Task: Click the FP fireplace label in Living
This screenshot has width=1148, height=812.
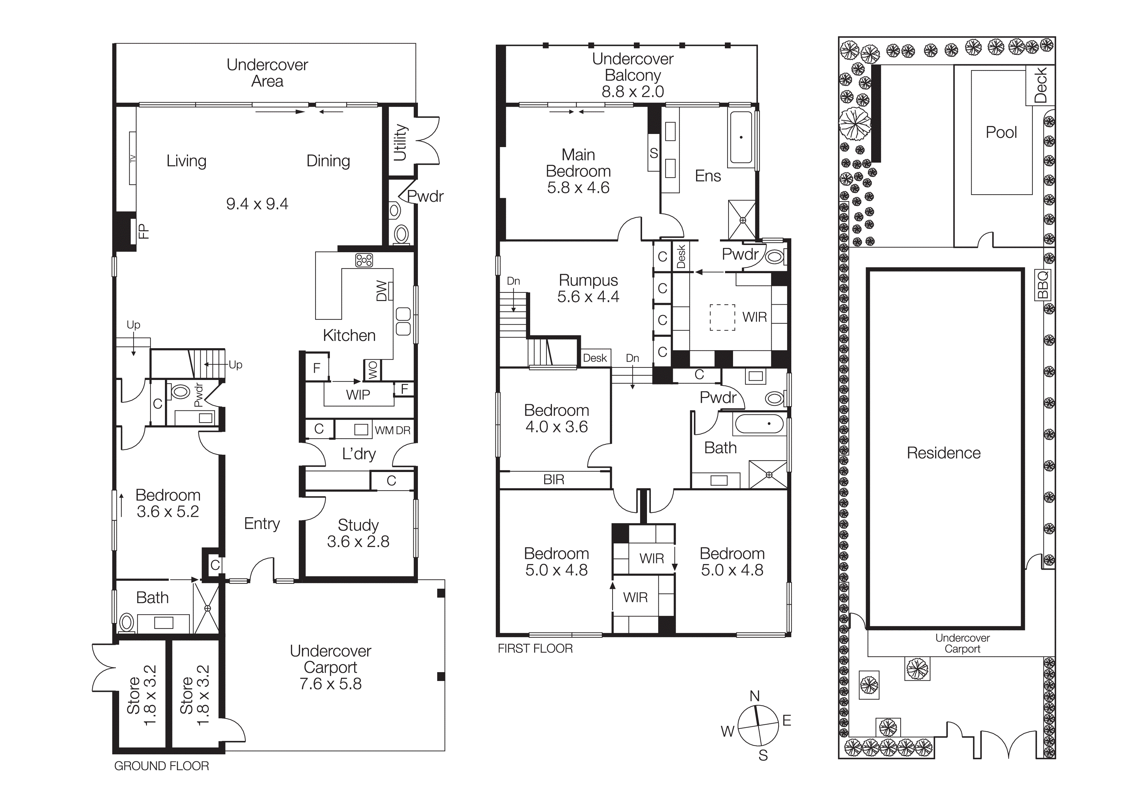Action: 143,231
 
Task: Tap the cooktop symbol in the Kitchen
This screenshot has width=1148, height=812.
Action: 364,260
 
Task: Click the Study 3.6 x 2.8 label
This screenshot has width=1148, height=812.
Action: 358,533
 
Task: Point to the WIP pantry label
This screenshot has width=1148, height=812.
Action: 358,395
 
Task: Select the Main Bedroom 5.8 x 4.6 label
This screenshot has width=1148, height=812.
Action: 578,171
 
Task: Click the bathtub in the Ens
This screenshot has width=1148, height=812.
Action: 741,137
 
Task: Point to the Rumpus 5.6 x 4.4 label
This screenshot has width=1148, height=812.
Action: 588,288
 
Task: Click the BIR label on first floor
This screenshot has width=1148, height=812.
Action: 553,480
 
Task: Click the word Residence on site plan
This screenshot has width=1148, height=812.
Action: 943,453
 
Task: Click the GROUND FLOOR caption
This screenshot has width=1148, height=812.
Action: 162,766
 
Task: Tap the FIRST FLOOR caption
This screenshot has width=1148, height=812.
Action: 535,649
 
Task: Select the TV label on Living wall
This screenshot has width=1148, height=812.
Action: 133,159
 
